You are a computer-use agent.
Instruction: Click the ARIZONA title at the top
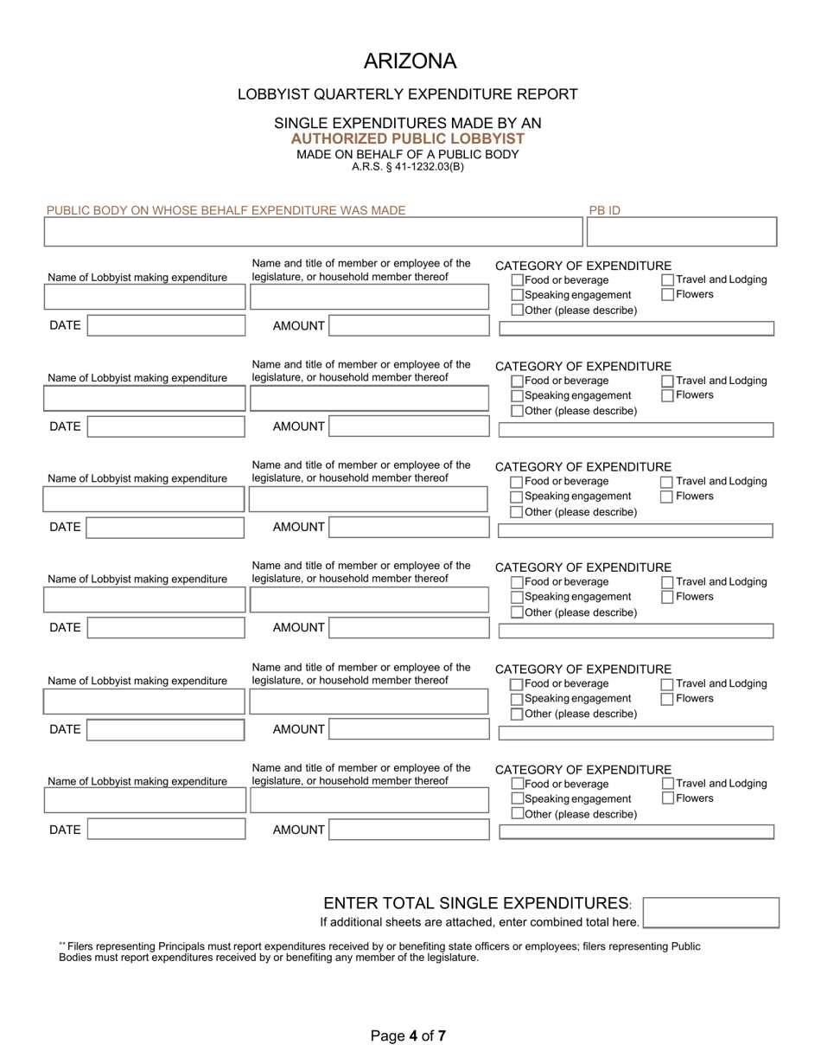click(410, 61)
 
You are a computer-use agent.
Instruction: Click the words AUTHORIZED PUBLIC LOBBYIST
click(407, 138)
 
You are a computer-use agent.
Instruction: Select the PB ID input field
click(681, 232)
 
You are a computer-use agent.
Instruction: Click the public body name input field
click(313, 232)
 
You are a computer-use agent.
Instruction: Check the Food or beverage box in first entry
click(518, 280)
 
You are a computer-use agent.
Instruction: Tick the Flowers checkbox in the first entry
click(668, 295)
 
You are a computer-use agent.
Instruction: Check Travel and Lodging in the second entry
click(668, 381)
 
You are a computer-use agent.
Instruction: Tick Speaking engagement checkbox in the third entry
click(517, 497)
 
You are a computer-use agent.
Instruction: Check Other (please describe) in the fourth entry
click(517, 613)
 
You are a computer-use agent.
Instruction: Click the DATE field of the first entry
click(166, 326)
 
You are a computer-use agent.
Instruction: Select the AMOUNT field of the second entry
click(409, 426)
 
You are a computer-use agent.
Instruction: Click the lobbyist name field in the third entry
click(144, 499)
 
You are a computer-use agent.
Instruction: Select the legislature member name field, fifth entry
click(369, 702)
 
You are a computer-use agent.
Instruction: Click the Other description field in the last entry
click(636, 832)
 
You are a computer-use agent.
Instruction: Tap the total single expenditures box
click(710, 913)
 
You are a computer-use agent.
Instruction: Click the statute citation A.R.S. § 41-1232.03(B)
click(407, 167)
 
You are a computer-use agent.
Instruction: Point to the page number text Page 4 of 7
click(408, 1035)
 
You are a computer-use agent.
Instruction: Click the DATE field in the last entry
click(166, 830)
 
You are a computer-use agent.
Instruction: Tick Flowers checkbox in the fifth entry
click(667, 699)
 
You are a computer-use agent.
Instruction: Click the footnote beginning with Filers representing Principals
click(380, 952)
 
